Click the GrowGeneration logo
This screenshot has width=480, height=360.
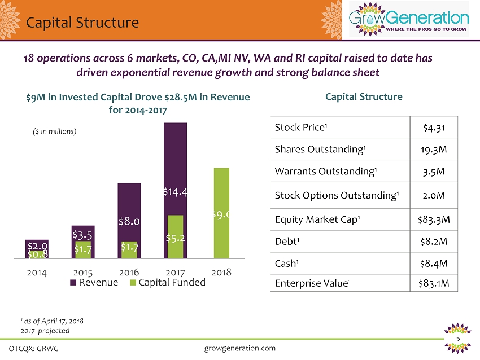tap(409, 20)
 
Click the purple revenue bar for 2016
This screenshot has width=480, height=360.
tap(129, 203)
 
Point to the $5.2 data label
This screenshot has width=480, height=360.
tap(175, 238)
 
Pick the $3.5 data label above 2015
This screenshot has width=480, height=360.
tap(83, 233)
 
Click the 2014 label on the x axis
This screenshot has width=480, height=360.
tap(37, 272)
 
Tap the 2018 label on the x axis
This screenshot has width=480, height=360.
tap(221, 272)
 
